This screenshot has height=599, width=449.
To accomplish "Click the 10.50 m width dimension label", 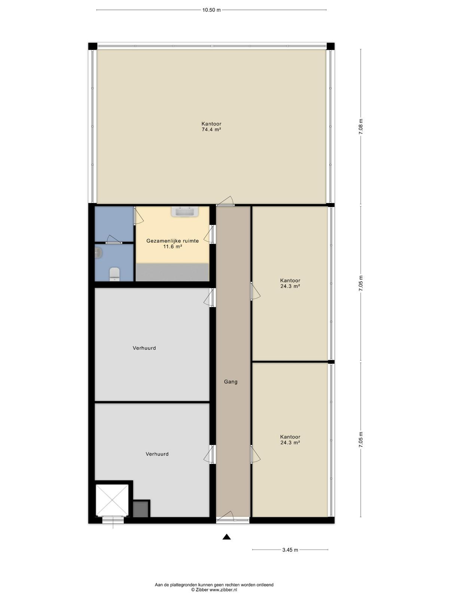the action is (x=211, y=10).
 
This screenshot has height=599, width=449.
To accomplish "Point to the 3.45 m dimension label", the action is (x=290, y=550).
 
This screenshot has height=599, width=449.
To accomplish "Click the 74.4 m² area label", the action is (x=211, y=130).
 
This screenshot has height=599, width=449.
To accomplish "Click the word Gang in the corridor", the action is (x=230, y=382).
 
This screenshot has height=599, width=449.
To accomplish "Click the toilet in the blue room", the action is (x=114, y=274).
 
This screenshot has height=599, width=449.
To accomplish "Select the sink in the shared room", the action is (x=185, y=212).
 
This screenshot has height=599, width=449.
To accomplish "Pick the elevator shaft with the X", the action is (x=112, y=500).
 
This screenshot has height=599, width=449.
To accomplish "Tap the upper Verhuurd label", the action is (x=144, y=348).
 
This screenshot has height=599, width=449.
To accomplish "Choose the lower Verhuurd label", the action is (x=157, y=454).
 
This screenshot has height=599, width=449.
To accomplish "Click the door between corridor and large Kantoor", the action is (x=226, y=201).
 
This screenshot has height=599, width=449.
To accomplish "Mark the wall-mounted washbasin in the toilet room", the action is (x=98, y=253).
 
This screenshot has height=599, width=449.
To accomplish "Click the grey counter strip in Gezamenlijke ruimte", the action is (x=172, y=272).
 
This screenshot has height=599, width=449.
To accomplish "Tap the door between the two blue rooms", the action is (x=113, y=239).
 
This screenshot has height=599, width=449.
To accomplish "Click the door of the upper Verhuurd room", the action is (x=210, y=298).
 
